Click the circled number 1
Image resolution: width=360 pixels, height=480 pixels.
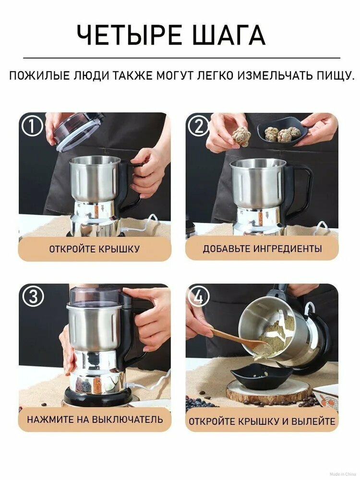(32, 126)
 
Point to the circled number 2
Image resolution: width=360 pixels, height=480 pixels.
(199, 126)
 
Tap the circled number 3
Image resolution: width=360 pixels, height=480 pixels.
(32, 297)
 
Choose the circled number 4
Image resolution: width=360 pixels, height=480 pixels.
(199, 297)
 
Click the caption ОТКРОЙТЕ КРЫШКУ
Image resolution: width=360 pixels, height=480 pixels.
(94, 249)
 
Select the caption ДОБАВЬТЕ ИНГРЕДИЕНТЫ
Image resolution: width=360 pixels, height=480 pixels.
(262, 249)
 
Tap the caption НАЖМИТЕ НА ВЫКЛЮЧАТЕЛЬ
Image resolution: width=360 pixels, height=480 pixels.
(95, 419)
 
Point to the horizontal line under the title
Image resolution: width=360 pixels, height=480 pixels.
(182, 58)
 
